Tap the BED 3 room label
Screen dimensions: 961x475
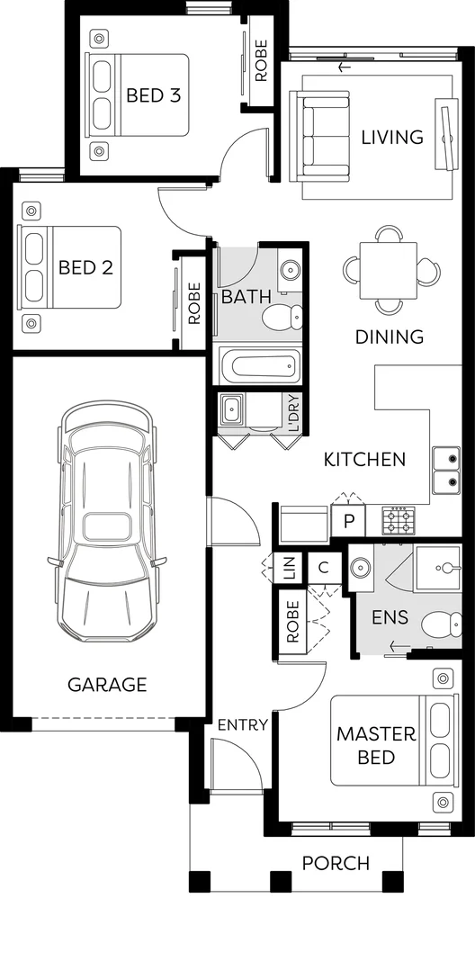pos(154,94)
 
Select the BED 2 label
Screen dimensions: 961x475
pos(85,267)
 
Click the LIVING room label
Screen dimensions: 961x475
pos(391,138)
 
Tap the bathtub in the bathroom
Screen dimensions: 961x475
pos(257,366)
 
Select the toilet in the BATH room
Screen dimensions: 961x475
pos(283,317)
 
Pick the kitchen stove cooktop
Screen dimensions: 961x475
pos(399,519)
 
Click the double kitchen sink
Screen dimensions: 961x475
pos(445,471)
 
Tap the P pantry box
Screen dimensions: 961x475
pos(348,521)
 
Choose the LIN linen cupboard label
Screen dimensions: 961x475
pos(288,568)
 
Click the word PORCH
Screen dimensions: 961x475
pos(336,864)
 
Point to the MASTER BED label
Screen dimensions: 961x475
pos(376,746)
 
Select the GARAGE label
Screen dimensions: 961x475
pos(107,685)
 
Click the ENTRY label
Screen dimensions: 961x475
pos(243,724)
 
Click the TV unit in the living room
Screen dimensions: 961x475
pos(448,135)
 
